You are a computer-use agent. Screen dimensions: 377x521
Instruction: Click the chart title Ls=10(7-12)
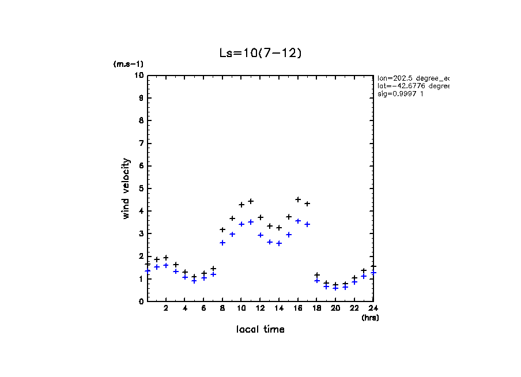[x=260, y=53]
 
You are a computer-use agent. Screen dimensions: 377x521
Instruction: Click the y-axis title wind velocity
[x=126, y=188]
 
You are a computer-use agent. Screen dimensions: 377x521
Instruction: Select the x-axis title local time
[x=260, y=330]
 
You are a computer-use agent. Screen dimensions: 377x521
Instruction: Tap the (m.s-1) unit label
[x=128, y=65]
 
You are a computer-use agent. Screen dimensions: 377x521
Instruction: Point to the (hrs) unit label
[x=370, y=318]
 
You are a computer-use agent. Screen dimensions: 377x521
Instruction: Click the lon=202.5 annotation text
[x=413, y=77]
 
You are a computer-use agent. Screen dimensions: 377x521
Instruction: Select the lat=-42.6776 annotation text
[x=413, y=86]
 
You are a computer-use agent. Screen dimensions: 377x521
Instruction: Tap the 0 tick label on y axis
[x=141, y=301]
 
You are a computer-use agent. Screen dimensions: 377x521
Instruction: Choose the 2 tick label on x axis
[x=167, y=308]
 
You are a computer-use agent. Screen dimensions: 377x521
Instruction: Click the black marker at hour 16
[x=298, y=199]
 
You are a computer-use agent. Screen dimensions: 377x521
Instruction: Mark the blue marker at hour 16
[x=298, y=221]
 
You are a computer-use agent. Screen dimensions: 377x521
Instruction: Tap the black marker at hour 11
[x=251, y=201]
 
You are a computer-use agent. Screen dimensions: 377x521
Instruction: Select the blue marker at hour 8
[x=222, y=243]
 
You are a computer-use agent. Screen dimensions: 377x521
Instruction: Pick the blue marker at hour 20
[x=335, y=288]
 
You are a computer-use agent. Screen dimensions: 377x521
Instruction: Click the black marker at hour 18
[x=317, y=275]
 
